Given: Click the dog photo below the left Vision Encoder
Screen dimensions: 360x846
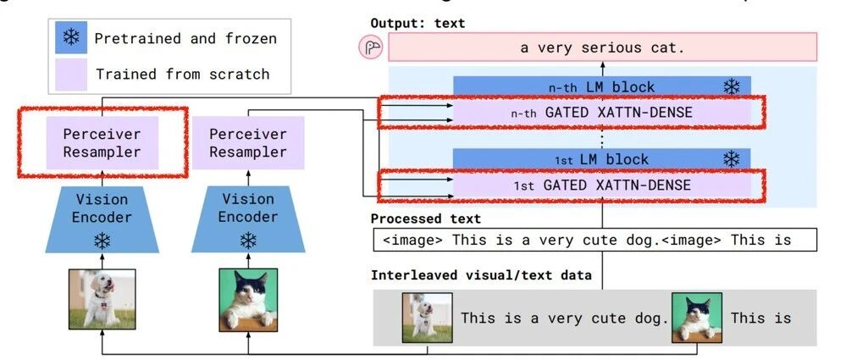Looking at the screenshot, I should click(102, 298).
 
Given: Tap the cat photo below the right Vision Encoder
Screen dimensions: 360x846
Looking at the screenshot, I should click(248, 298).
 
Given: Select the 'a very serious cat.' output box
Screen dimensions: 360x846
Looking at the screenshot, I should click(602, 48).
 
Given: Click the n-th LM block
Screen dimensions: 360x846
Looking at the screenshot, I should click(601, 86).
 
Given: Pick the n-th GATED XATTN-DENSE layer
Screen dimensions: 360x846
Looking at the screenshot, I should click(601, 112).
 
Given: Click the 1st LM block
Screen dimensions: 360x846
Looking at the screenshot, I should click(601, 159).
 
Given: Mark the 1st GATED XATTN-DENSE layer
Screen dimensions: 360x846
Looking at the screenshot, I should click(601, 185).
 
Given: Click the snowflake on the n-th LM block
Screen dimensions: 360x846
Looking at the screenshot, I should click(731, 86).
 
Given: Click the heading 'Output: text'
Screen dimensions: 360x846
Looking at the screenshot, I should click(417, 23).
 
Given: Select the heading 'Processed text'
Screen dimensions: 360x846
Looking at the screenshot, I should click(426, 219).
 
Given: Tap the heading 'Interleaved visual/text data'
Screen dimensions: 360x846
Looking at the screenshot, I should click(481, 274).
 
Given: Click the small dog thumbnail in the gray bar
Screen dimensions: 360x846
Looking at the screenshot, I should click(427, 318).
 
